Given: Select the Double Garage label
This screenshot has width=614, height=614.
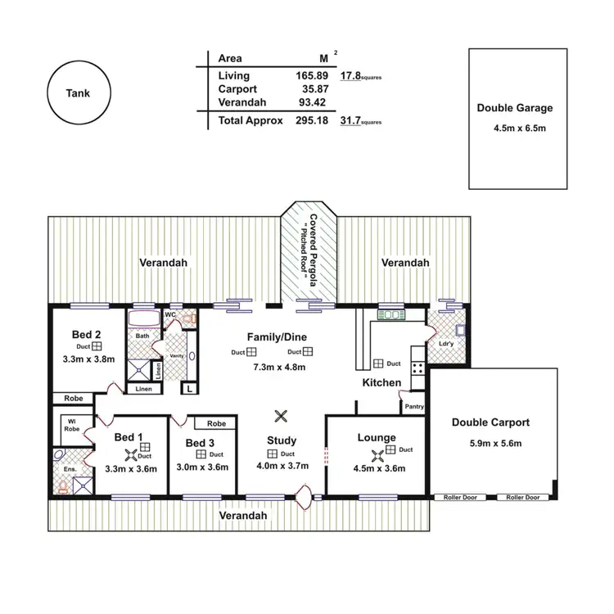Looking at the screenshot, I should tap(514, 108).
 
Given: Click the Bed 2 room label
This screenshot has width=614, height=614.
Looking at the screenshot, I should tap(86, 334).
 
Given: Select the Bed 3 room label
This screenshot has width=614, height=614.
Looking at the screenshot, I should tap(199, 444).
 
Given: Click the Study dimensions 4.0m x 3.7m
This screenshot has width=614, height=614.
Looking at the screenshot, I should tap(281, 467).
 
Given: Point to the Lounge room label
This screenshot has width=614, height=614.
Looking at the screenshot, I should tap(377, 438).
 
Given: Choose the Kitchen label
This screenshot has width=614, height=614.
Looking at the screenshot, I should tap(381, 382).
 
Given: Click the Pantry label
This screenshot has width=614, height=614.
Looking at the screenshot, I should tap(414, 406).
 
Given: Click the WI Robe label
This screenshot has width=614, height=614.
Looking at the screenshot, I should tap(71, 425).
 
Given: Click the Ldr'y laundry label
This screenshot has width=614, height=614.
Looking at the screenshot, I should tap(446, 343).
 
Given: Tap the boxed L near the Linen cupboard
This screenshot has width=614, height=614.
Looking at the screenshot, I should tap(190, 389).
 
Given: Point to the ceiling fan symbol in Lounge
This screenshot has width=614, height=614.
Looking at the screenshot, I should tap(377, 455).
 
